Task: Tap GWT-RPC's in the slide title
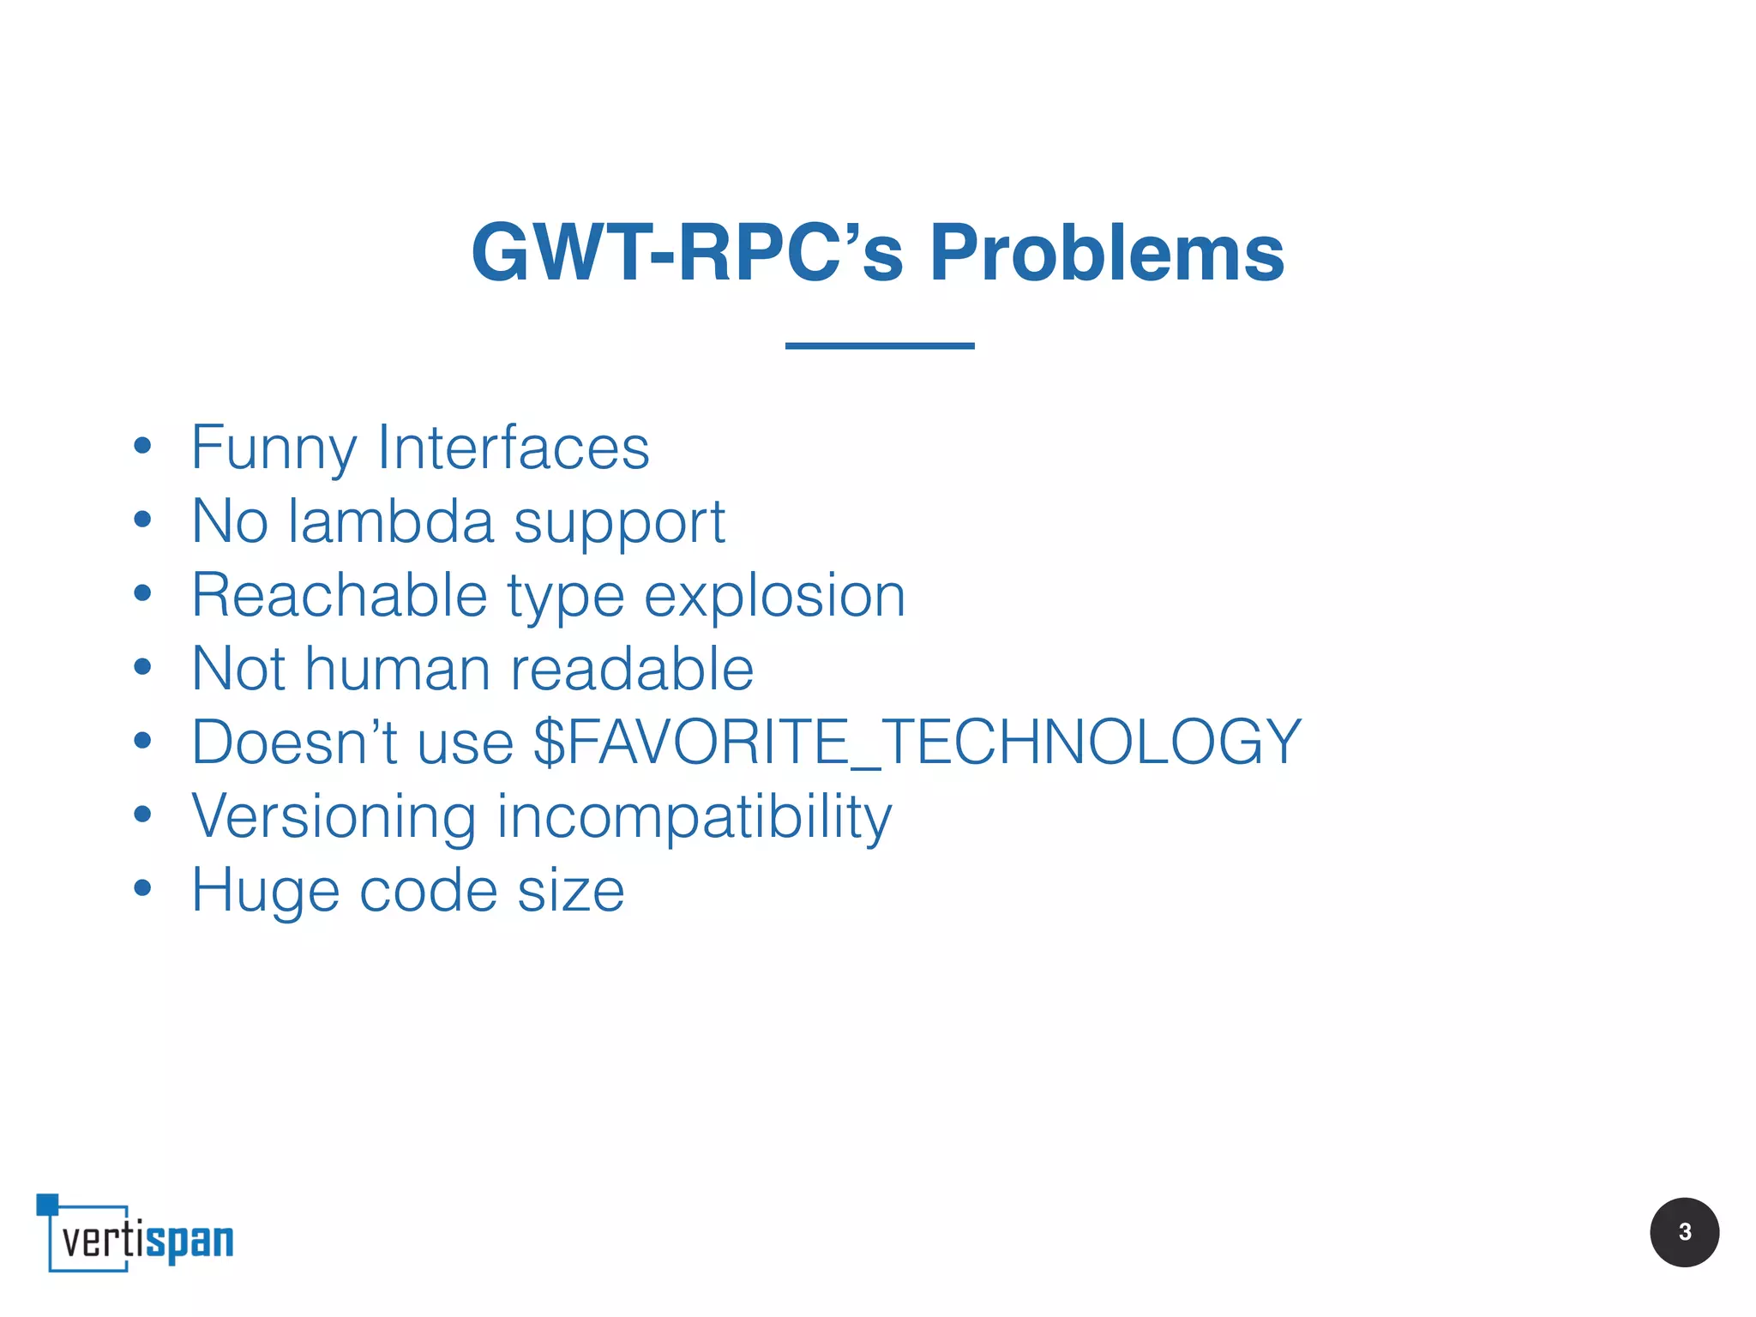(687, 253)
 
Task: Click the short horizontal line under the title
(880, 346)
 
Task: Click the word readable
(632, 669)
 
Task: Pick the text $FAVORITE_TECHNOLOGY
(917, 742)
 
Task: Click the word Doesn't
(292, 742)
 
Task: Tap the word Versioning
(334, 815)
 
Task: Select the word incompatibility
(695, 817)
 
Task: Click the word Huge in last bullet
(265, 891)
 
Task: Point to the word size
(571, 890)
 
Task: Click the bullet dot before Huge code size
(142, 888)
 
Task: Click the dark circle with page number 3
(1683, 1232)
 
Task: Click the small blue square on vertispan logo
(47, 1204)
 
